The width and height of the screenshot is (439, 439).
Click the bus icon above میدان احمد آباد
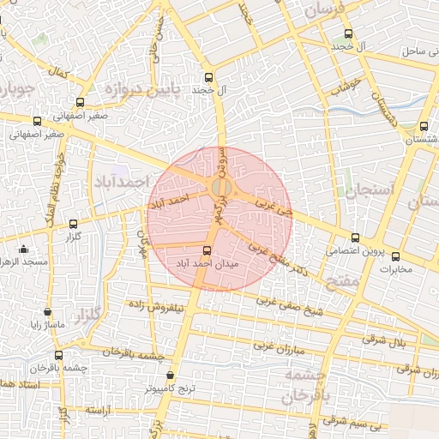[206, 250]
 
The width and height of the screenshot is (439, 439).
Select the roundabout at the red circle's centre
[220, 188]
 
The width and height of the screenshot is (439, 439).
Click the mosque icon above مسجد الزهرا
[23, 249]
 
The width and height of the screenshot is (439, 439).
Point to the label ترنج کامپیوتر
[170, 388]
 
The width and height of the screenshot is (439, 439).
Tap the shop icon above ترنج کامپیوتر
[171, 375]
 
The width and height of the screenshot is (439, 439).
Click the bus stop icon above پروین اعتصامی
[355, 237]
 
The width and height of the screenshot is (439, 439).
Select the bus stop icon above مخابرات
[395, 256]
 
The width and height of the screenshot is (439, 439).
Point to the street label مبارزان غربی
[279, 348]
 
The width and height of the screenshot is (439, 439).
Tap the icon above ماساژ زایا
[46, 312]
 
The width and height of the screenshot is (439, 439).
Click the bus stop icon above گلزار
[72, 223]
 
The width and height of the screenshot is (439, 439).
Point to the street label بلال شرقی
[388, 340]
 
